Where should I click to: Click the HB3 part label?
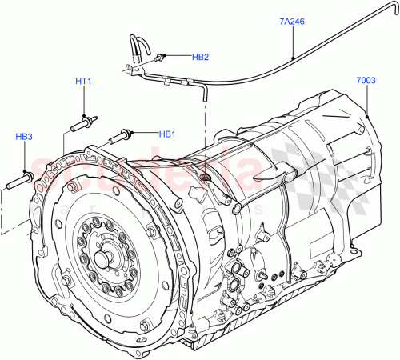coord(24,137)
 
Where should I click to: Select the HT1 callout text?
coord(84,82)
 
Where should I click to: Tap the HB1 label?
coord(167,134)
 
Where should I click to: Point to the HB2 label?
coord(200,58)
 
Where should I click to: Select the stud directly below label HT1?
coord(84,124)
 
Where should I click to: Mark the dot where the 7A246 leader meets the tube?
coord(293,58)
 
